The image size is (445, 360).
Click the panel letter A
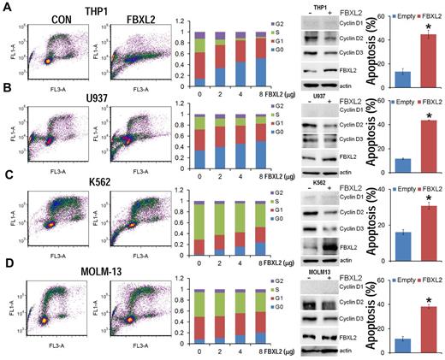tap(7, 8)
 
